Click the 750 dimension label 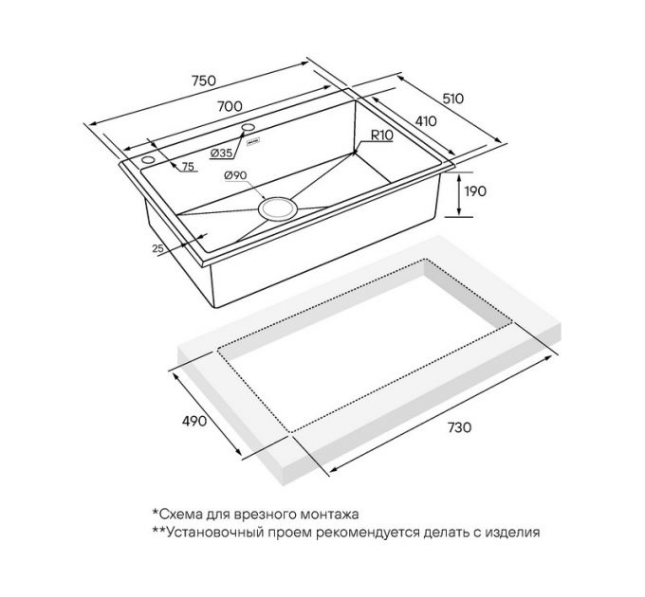click(204, 81)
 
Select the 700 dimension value click(230, 106)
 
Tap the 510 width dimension click(452, 99)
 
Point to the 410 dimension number click(426, 121)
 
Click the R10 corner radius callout click(382, 135)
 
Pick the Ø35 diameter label click(221, 154)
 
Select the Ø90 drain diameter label click(235, 175)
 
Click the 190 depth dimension click(475, 191)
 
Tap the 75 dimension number click(188, 167)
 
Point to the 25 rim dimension click(158, 248)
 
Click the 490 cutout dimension click(194, 421)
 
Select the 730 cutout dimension click(459, 427)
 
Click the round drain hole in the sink click(278, 208)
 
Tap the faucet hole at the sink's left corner click(148, 160)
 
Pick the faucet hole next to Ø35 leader click(249, 127)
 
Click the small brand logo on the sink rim click(253, 142)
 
